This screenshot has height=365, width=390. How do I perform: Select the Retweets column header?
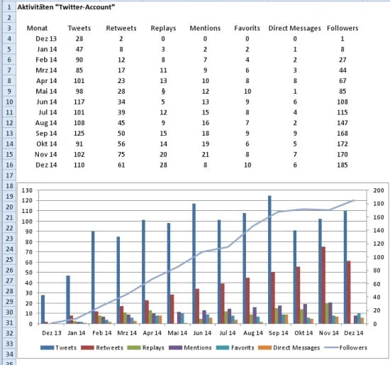(121, 27)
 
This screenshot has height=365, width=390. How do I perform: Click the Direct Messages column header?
(294, 27)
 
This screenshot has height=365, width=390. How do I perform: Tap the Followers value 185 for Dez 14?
(342, 165)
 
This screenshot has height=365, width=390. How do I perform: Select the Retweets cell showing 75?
(121, 154)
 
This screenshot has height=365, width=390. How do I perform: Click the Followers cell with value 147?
(342, 122)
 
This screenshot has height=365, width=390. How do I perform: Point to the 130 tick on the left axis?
(26, 190)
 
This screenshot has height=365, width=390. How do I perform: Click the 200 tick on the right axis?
(378, 190)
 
